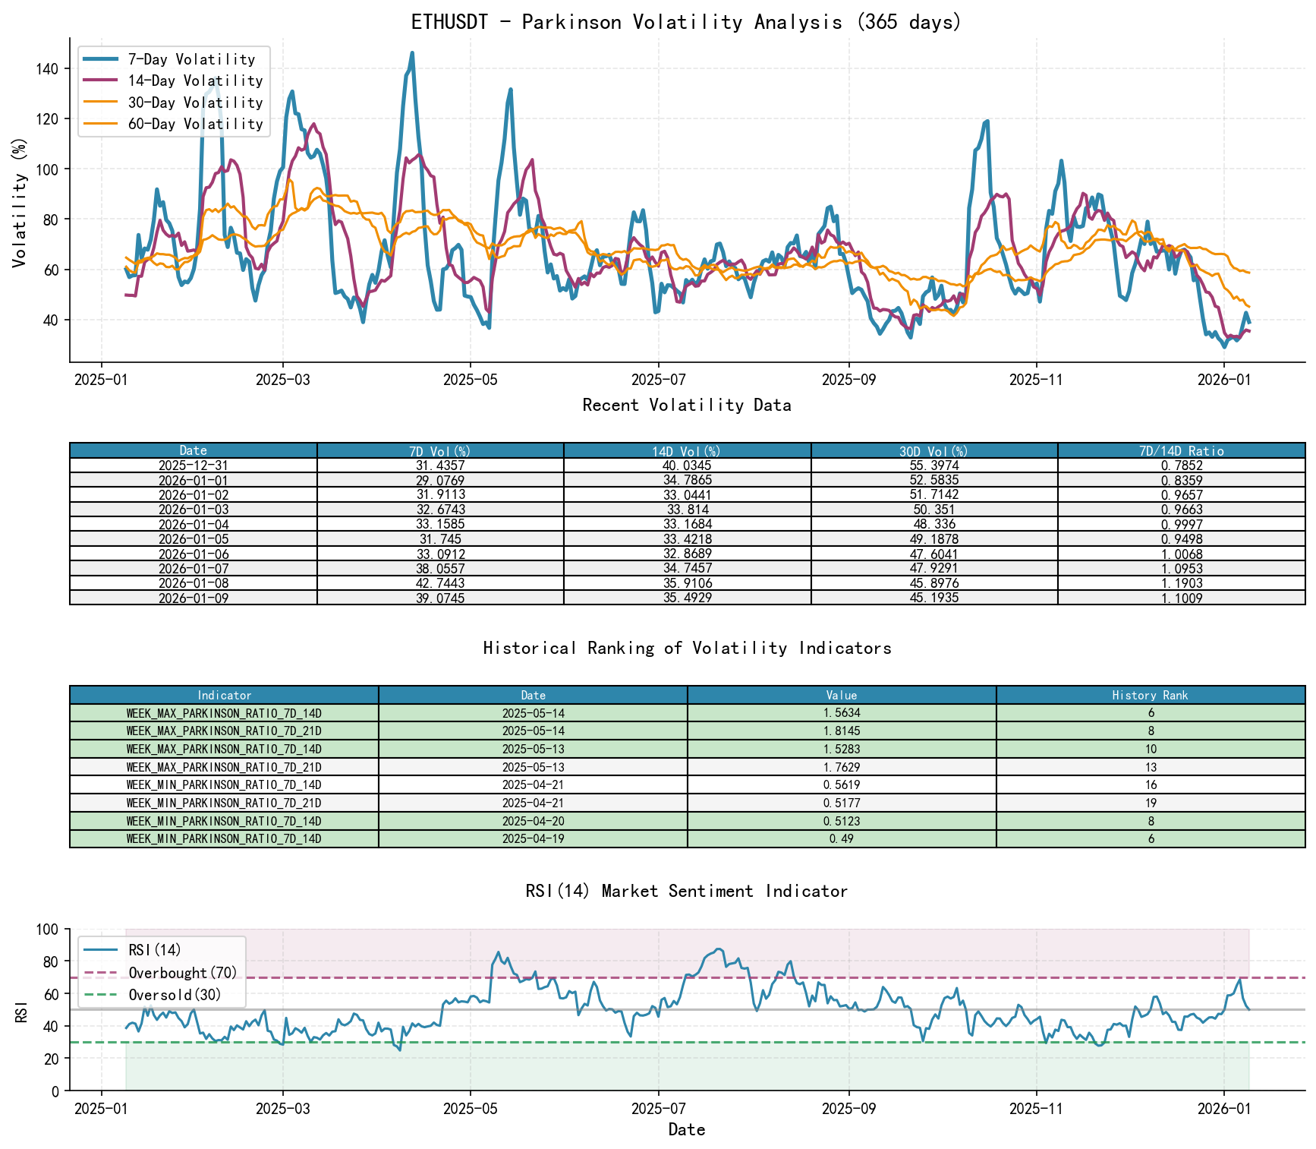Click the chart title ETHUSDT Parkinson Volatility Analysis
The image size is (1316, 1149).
(x=686, y=22)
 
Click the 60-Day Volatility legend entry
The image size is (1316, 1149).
(x=195, y=124)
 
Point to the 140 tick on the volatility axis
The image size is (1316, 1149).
(x=48, y=68)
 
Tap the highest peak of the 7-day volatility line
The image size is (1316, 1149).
(x=412, y=53)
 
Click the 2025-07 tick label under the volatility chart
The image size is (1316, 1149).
(x=658, y=380)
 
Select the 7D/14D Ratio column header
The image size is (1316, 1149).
(x=1181, y=451)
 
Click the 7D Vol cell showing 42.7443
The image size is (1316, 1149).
(x=440, y=583)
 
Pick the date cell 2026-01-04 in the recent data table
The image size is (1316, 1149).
(x=194, y=525)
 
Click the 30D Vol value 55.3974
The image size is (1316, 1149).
(x=934, y=466)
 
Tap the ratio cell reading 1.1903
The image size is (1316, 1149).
(x=1181, y=583)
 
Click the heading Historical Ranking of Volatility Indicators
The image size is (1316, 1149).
(x=687, y=648)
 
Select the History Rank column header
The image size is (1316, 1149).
(x=1150, y=695)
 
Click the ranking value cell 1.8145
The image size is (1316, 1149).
(x=842, y=731)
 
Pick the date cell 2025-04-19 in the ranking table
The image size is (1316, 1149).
(x=533, y=839)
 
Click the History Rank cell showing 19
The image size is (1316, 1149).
(x=1151, y=803)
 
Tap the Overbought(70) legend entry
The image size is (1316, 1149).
(x=183, y=973)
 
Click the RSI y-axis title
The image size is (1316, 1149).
(x=21, y=1011)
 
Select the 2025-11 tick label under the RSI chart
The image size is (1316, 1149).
(x=1036, y=1109)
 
